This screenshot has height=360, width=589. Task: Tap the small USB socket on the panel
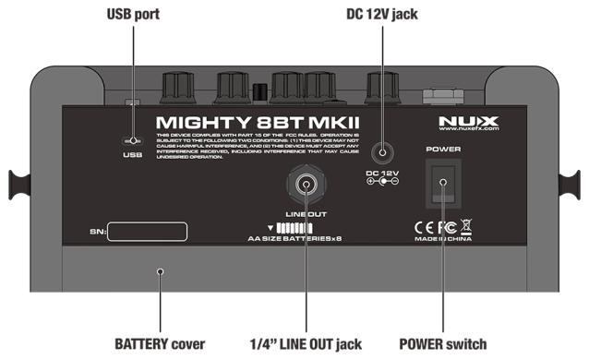point(132,141)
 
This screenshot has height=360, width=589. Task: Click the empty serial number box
point(148,232)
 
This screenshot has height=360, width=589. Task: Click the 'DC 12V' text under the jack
point(382,173)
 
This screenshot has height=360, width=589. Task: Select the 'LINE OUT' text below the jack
point(305,214)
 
